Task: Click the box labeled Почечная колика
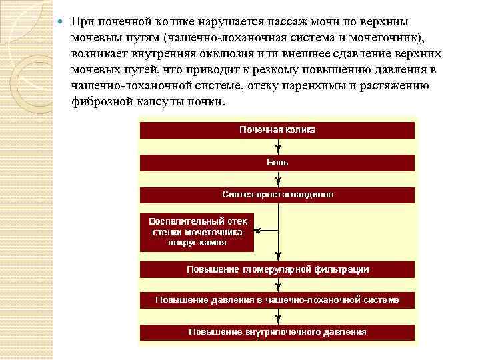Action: pyautogui.click(x=277, y=129)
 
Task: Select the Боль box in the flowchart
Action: pyautogui.click(x=277, y=162)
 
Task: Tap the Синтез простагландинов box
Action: pyautogui.click(x=277, y=195)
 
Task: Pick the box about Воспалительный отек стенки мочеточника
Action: pyautogui.click(x=197, y=232)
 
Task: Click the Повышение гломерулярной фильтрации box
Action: pyautogui.click(x=277, y=269)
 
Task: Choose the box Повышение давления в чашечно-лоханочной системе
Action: pyautogui.click(x=277, y=300)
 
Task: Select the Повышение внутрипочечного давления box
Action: pyautogui.click(x=277, y=331)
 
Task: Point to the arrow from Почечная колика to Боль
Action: pyautogui.click(x=278, y=147)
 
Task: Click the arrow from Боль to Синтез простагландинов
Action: pyautogui.click(x=278, y=179)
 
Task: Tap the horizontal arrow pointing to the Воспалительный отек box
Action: pyautogui.click(x=265, y=230)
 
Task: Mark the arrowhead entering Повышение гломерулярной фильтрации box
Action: pyautogui.click(x=278, y=258)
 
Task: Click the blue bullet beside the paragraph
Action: pyautogui.click(x=61, y=21)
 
